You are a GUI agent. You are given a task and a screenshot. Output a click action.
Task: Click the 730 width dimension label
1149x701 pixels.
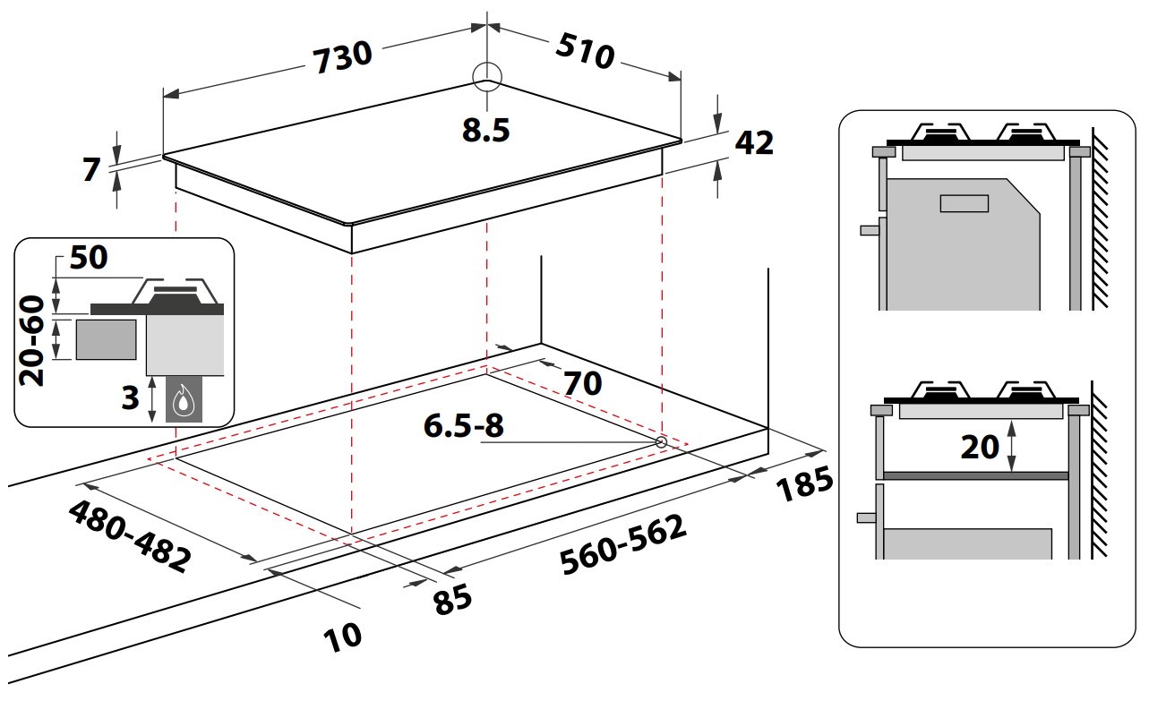342,57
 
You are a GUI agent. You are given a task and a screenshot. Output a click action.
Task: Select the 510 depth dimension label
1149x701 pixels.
586,51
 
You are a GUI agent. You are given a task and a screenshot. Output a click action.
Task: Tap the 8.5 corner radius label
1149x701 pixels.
485,130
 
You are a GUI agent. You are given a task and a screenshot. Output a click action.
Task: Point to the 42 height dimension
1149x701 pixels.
754,142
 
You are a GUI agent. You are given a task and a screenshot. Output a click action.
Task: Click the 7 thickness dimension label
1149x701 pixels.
92,170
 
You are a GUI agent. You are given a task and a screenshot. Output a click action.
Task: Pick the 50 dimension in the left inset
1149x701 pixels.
89,257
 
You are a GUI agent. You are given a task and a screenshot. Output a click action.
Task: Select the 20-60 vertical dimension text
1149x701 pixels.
31,341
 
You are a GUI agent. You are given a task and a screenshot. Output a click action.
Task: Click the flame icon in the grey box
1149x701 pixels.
183,402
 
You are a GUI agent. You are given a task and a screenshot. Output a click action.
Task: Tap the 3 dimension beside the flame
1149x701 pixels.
130,398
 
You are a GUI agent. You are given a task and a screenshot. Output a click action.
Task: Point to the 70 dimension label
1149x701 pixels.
583,383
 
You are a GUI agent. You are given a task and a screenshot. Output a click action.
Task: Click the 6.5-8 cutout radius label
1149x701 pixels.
464,425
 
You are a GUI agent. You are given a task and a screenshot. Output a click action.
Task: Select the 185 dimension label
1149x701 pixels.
805,484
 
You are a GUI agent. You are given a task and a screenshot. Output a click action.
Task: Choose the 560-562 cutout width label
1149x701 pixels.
623,544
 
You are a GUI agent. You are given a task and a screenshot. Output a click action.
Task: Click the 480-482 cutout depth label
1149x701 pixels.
130,536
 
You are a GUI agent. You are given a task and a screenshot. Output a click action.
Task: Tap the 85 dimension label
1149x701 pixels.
452,600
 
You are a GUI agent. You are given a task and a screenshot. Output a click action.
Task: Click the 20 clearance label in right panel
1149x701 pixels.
980,447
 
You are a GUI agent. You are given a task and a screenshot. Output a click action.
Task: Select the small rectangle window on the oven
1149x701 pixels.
965,203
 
